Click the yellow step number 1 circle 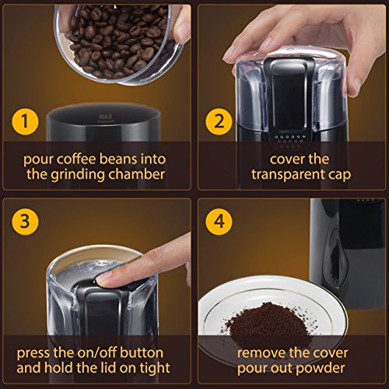coord(25,121)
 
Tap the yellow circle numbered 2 coord(219,121)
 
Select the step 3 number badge coord(25,222)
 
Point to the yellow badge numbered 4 coord(219,222)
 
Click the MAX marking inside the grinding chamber coord(106,117)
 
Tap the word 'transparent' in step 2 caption coord(286,174)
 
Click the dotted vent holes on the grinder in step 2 coord(289,140)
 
